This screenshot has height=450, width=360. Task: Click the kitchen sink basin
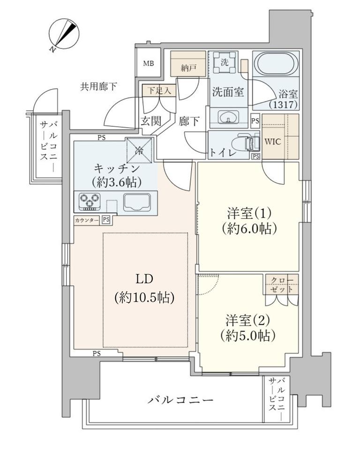(137, 202)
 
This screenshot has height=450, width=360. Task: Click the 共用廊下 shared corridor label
(99, 86)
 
